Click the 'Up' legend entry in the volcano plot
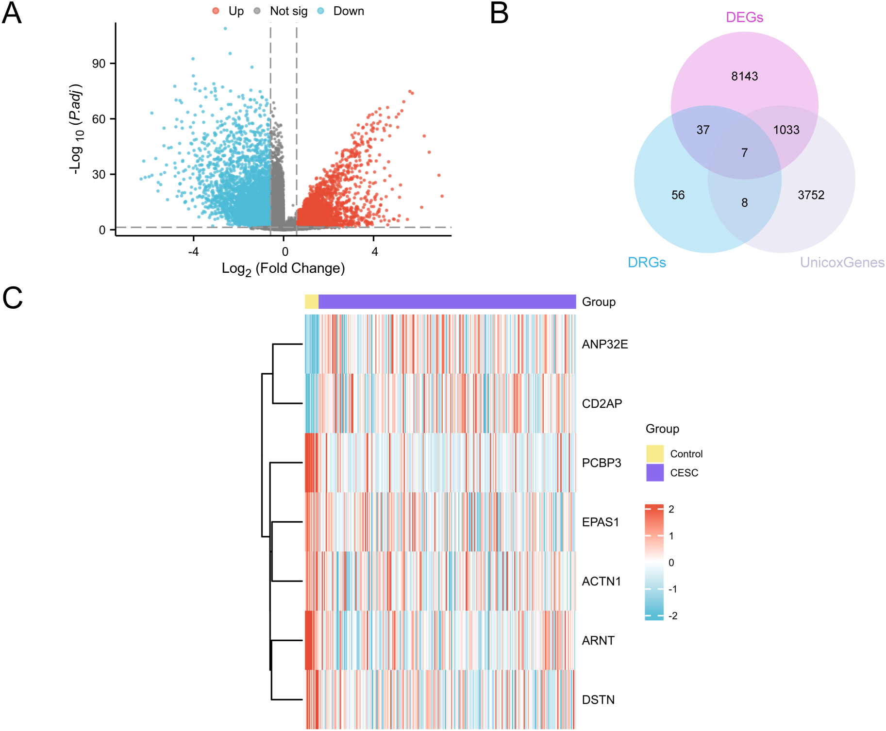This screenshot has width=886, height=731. [235, 11]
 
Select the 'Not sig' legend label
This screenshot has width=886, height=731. [288, 11]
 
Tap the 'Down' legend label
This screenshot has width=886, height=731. [348, 11]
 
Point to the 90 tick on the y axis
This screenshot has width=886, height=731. [99, 64]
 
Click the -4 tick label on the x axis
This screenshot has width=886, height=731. [193, 251]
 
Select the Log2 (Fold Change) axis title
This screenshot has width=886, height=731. [283, 268]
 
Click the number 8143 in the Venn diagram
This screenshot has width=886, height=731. [744, 76]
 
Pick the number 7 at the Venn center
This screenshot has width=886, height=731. [744, 153]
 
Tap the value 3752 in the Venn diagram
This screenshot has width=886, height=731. [811, 195]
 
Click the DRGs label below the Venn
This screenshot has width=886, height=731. [647, 263]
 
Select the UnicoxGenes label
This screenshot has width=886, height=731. [842, 263]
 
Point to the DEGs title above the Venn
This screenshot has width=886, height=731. [744, 17]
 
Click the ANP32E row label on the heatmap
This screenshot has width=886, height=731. [604, 344]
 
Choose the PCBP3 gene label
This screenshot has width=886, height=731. [601, 463]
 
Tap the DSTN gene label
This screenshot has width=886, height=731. [598, 699]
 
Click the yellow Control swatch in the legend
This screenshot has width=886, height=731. [654, 453]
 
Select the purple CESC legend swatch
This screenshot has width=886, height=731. [654, 472]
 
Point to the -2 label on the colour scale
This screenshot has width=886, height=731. [672, 616]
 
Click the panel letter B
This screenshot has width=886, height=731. [499, 13]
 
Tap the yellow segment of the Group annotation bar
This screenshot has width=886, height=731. [311, 301]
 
